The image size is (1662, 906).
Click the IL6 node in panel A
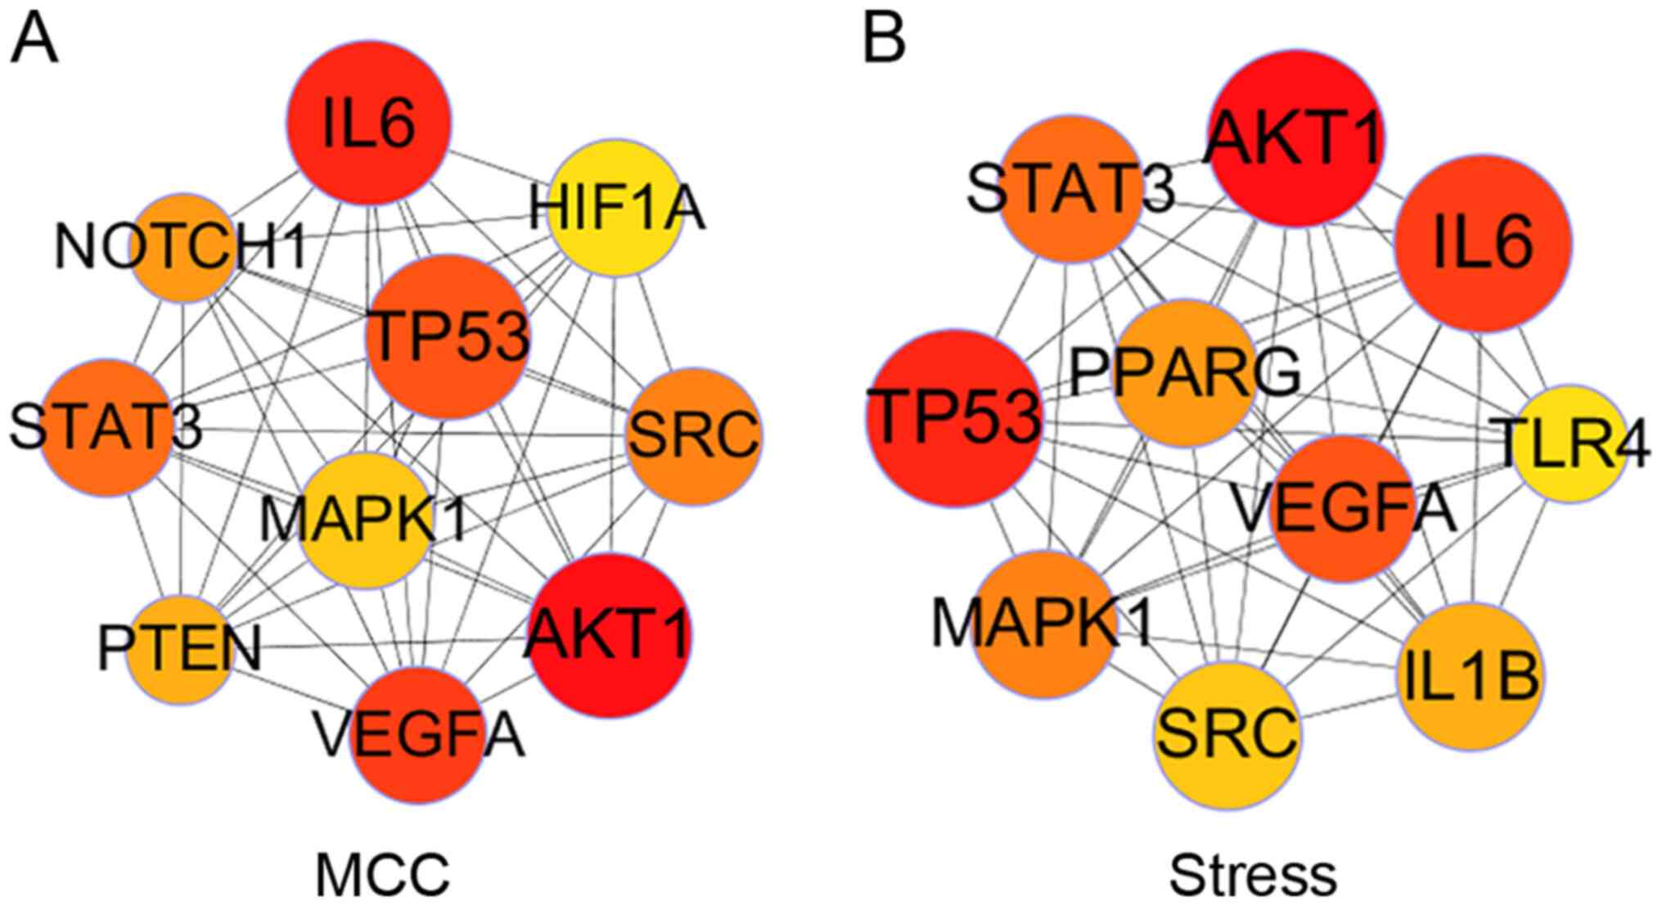point(368,123)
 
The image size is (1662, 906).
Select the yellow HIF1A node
point(615,208)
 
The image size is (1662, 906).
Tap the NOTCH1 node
point(184,247)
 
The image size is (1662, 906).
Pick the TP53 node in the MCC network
point(447,336)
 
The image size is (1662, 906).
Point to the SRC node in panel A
point(694,436)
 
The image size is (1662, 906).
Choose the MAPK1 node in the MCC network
point(366,521)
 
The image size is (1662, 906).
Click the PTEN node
point(179,650)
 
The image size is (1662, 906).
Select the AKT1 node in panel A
point(610,636)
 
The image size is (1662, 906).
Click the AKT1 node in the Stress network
point(1295,137)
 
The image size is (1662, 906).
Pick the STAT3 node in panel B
point(1071,189)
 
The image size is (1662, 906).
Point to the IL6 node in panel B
point(1483,244)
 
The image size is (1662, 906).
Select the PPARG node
point(1185,373)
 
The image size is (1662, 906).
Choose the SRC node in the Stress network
point(1227,735)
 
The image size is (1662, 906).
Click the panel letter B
point(885,39)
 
